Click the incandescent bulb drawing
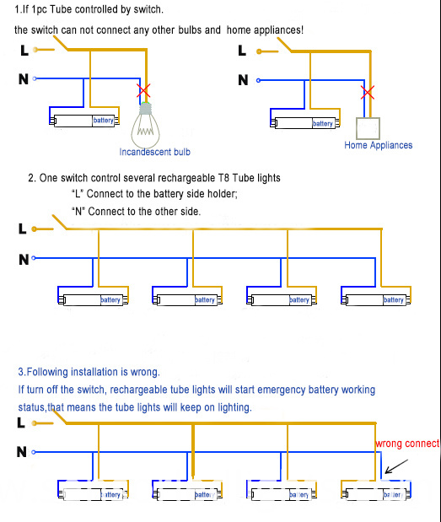(x=145, y=125)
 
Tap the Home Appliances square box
(x=368, y=128)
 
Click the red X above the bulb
(x=143, y=90)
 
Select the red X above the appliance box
(x=368, y=92)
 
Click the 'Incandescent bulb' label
(x=155, y=152)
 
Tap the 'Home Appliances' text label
(x=378, y=145)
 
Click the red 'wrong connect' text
(x=407, y=444)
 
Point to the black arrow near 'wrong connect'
(x=396, y=466)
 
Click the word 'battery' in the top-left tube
(x=103, y=121)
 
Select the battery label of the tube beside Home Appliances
(x=322, y=123)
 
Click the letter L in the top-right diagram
(x=242, y=51)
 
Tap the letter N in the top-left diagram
(x=24, y=79)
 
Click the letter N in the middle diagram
(x=24, y=260)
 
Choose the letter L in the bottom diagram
(x=21, y=422)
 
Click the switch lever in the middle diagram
(x=60, y=222)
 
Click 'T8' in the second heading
(x=223, y=178)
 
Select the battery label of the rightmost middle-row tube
(x=394, y=300)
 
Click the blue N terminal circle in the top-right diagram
(x=258, y=80)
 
